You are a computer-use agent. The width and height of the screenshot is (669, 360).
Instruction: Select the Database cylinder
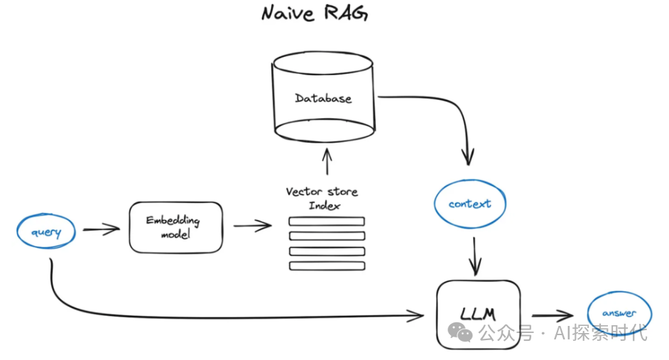[x=324, y=100]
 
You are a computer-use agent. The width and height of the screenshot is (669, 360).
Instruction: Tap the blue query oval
[x=46, y=232]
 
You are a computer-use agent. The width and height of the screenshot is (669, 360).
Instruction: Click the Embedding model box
[x=175, y=227]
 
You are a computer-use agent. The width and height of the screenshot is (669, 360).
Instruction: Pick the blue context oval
[x=469, y=204]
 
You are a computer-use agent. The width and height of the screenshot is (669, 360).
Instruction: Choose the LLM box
[x=478, y=313]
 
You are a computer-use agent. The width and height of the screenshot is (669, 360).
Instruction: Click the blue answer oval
[x=619, y=313]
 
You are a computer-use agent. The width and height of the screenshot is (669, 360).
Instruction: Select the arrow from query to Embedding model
[x=101, y=229]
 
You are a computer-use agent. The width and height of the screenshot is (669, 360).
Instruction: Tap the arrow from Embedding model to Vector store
[x=252, y=227]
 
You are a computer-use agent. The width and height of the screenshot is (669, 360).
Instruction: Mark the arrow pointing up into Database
[x=326, y=161]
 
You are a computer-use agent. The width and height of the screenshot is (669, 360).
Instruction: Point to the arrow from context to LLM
[x=475, y=256]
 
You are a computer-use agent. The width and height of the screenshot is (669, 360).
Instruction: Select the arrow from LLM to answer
[x=552, y=315]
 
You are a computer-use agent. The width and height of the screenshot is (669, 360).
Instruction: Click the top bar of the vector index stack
[x=326, y=222]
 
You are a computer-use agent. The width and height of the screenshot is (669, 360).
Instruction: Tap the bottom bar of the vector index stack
[x=326, y=266]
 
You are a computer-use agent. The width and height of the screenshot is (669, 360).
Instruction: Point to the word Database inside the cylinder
[x=323, y=98]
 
